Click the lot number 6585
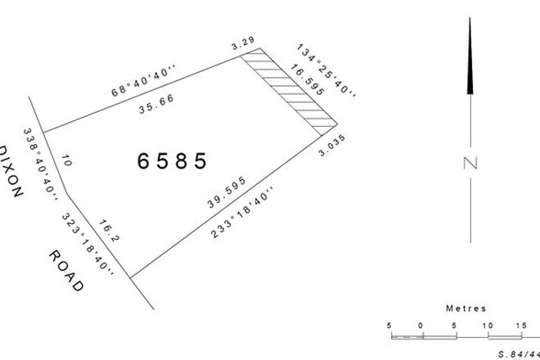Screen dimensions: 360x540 click(x=172, y=160)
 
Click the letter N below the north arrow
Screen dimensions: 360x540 click(x=470, y=163)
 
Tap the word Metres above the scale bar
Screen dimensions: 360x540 click(x=466, y=308)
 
